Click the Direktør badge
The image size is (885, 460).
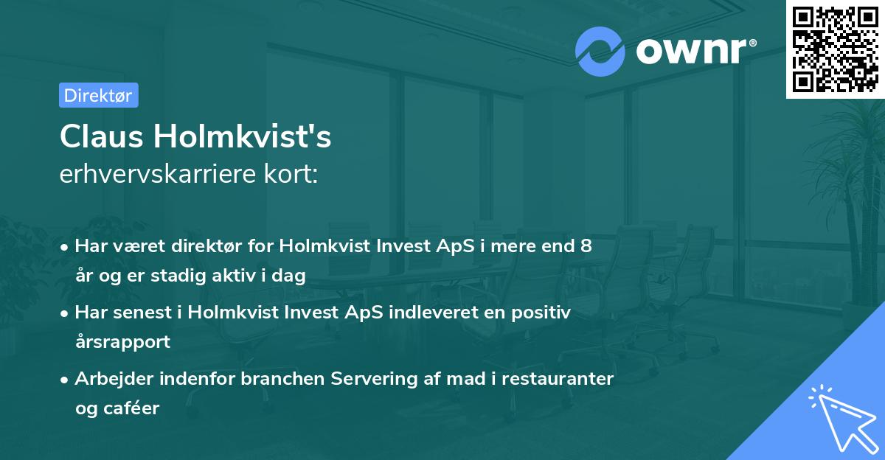(x=98, y=95)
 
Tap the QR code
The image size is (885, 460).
(x=835, y=49)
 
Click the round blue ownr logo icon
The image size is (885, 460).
(x=600, y=50)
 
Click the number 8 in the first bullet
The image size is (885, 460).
(x=586, y=246)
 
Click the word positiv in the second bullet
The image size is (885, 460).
(x=542, y=313)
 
